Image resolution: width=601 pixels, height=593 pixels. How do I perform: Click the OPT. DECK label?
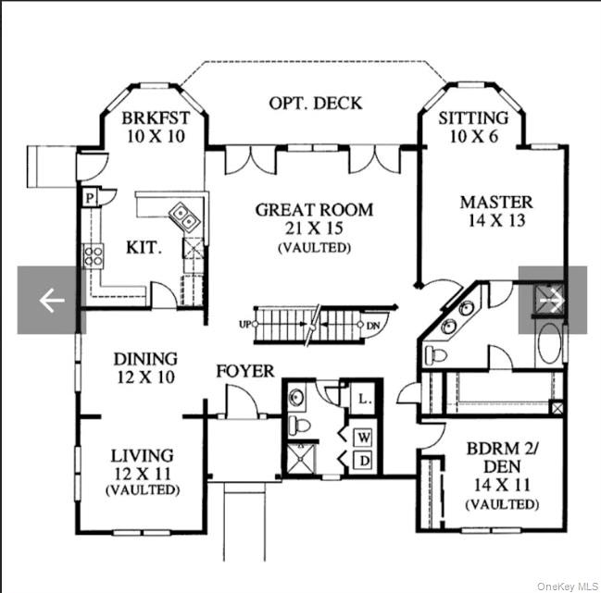pos(315,103)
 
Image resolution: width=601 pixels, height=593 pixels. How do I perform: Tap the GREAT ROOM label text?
pos(314,210)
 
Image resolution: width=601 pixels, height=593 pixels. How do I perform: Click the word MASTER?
pos(496,202)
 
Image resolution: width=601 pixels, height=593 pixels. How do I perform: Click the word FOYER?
pos(244,372)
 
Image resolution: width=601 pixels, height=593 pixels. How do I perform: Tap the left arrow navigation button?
pos(51,301)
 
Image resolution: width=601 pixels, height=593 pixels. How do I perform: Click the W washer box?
pos(364,435)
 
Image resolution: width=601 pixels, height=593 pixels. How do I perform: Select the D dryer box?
pos(364,460)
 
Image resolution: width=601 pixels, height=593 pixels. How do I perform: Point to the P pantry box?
pos(90,197)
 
